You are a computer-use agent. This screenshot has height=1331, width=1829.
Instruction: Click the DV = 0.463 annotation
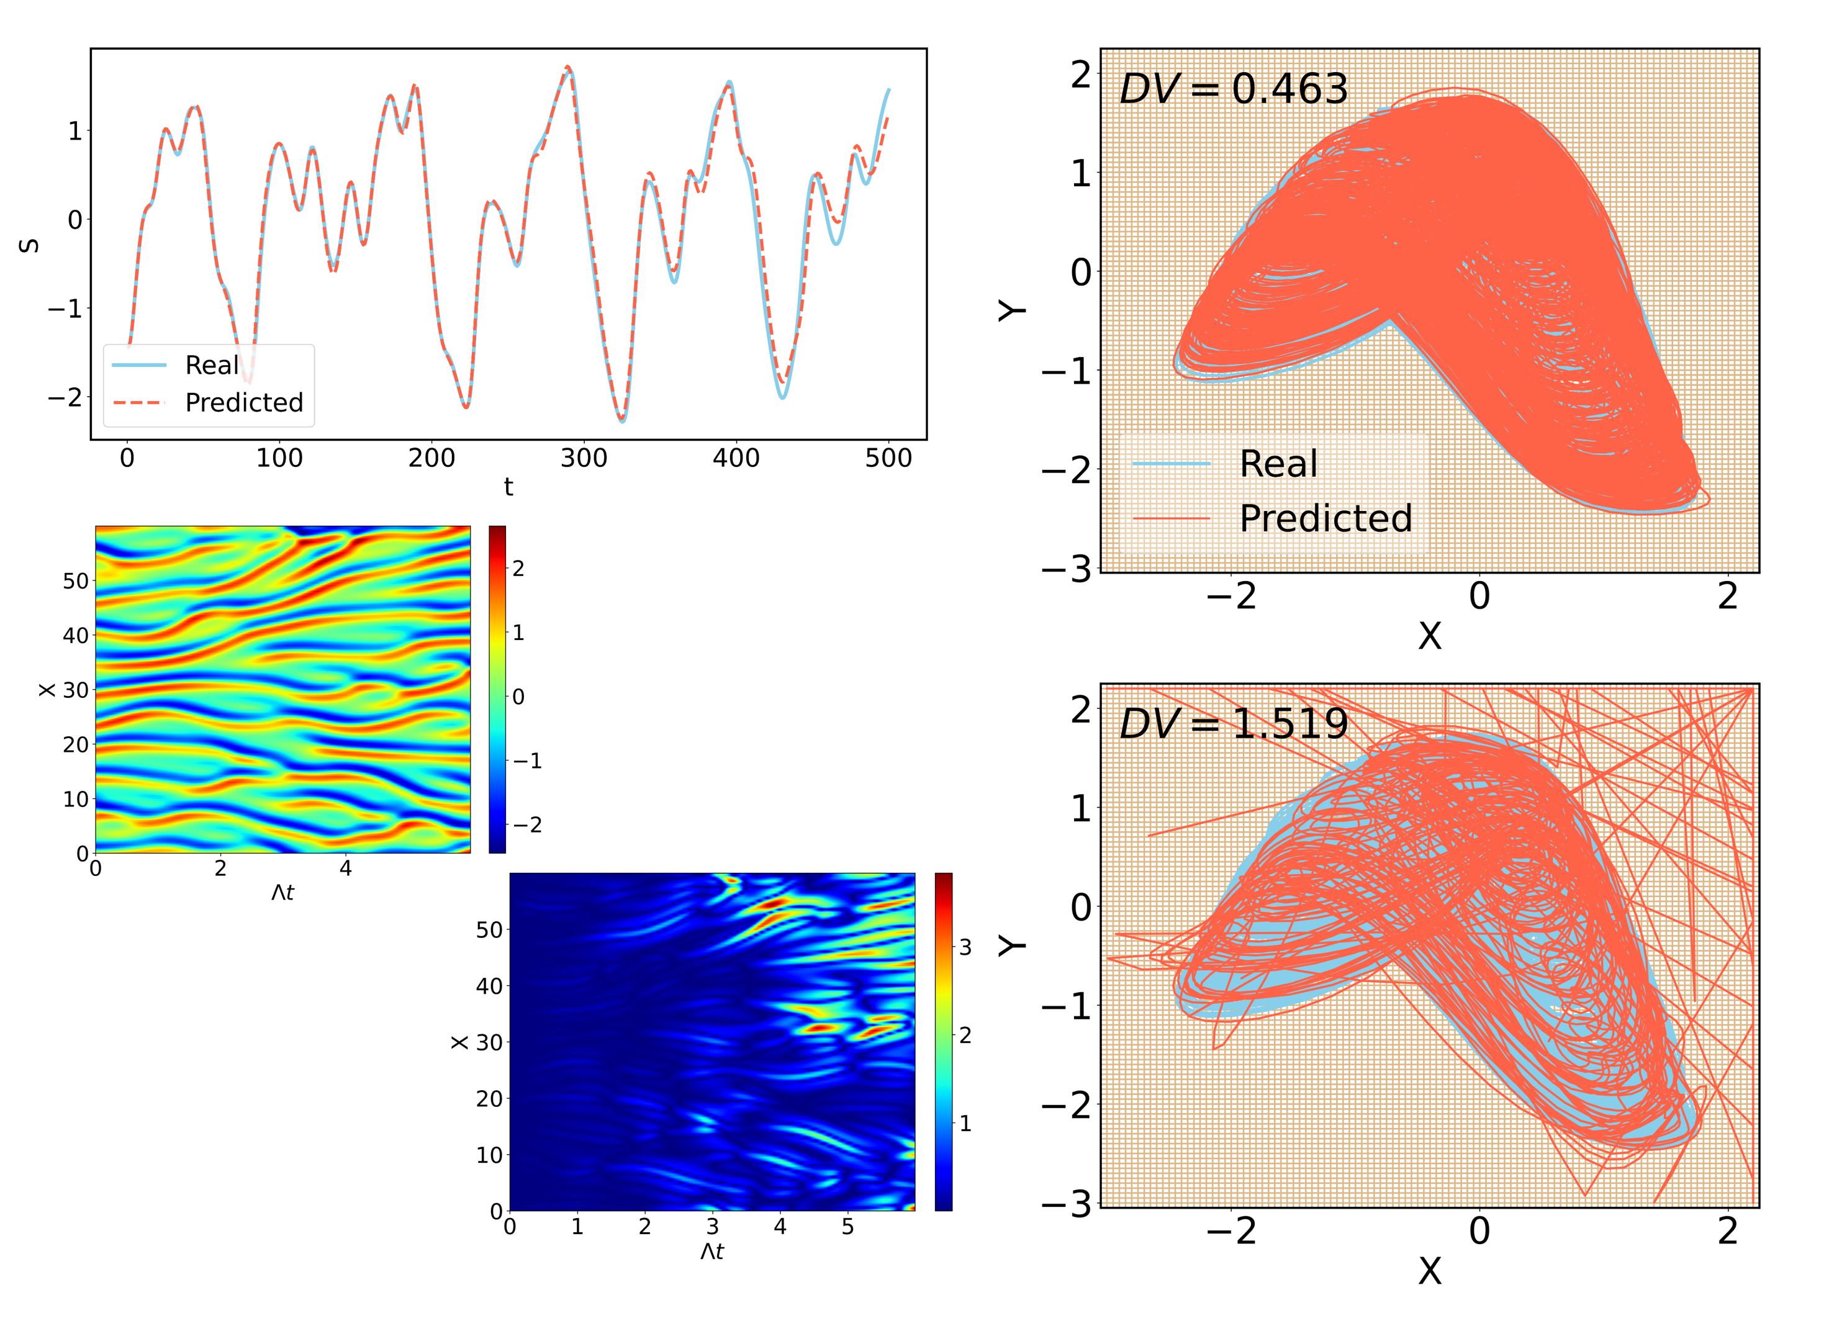click(x=1233, y=89)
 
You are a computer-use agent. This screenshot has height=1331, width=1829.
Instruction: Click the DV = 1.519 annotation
click(x=1233, y=723)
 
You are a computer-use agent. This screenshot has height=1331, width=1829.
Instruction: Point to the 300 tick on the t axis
click(x=583, y=459)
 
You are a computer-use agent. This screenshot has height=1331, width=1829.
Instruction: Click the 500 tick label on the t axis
click(x=888, y=459)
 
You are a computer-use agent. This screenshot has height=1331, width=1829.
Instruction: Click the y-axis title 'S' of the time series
click(x=29, y=245)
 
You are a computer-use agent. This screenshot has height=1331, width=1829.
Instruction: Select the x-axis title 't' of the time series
click(x=508, y=486)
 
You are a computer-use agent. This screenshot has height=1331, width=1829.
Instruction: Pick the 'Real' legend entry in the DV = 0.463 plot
click(x=1278, y=464)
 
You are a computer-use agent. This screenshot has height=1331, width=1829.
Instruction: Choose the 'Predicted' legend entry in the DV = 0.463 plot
click(x=1325, y=518)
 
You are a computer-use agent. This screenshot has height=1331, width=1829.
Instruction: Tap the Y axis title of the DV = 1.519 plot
click(x=1013, y=945)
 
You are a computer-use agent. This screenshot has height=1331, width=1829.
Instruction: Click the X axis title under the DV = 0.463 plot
click(x=1429, y=637)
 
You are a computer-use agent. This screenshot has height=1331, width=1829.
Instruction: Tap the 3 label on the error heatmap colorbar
click(x=965, y=948)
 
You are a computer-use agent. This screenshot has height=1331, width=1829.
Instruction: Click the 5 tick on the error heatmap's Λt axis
click(x=847, y=1227)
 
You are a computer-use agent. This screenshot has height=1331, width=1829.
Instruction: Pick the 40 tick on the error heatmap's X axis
click(x=489, y=986)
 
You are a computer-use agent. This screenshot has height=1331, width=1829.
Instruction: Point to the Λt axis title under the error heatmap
click(x=711, y=1251)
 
